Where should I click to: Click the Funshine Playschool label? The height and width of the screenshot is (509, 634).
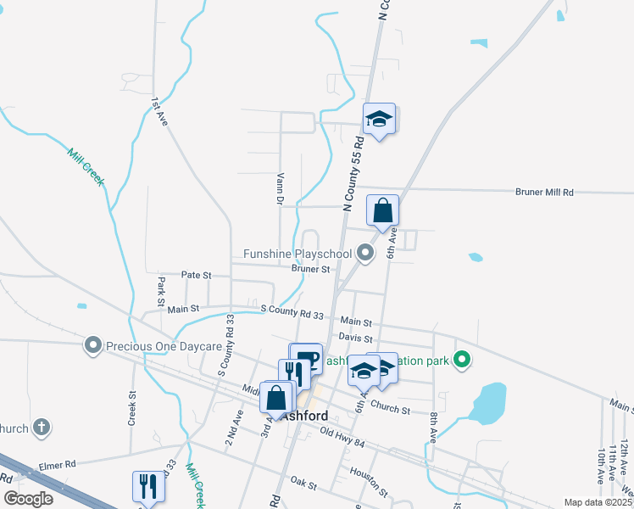pos(297,254)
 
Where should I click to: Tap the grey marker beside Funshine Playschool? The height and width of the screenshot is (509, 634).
pos(365,253)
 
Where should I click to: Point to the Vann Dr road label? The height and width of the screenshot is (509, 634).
pos(279,189)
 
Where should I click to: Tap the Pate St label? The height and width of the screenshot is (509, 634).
pos(196,275)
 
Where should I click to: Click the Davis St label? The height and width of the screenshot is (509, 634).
pos(356,337)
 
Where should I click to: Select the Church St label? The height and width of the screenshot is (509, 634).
pos(390,410)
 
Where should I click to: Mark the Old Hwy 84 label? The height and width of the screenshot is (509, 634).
pos(342,437)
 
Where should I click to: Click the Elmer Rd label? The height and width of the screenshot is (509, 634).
pos(58,464)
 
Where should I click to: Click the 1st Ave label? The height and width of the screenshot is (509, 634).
pos(159,112)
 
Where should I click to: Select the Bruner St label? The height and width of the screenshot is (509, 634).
pos(310,269)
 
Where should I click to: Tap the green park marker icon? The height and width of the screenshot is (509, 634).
pos(462,361)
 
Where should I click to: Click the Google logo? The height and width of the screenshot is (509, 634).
pos(28,499)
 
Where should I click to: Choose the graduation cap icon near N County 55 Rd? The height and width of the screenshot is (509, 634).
pos(380,119)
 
